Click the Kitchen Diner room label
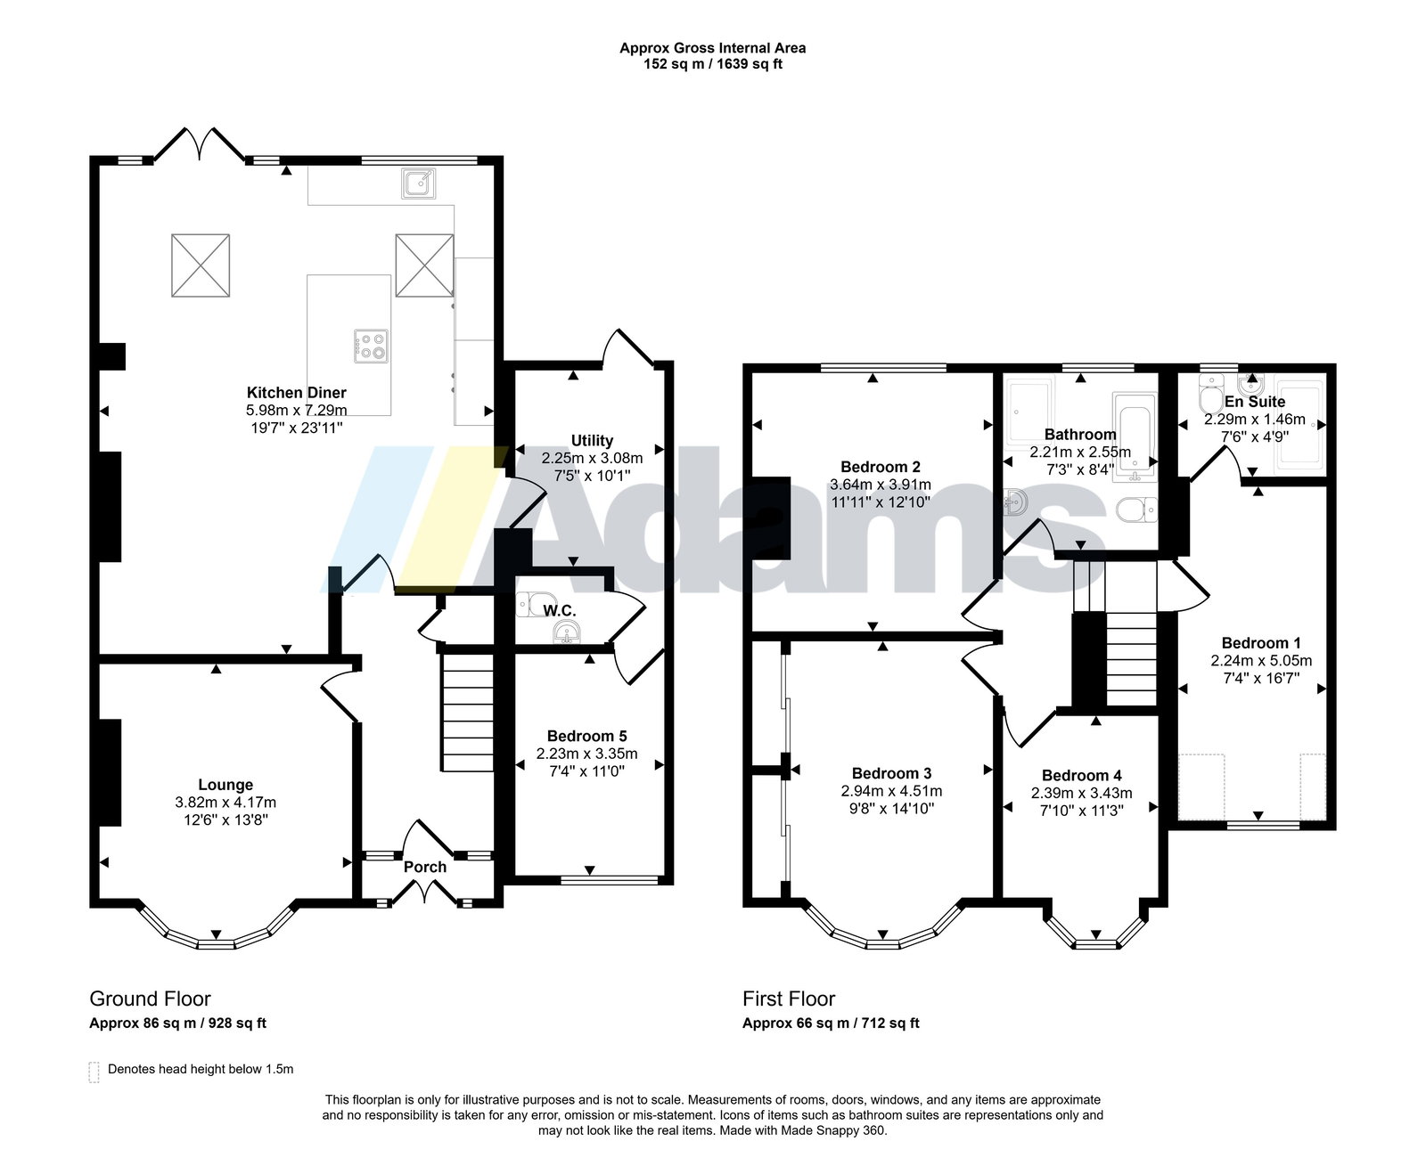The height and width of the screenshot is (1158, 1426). point(296,393)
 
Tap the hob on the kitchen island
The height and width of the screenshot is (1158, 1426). point(372,346)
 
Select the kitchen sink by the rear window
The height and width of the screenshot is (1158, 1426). point(419,183)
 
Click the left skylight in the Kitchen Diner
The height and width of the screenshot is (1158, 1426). point(201,265)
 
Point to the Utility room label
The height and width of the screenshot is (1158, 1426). point(592,440)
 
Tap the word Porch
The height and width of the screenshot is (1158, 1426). point(424,867)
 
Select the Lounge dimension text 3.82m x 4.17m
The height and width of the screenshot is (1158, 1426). point(225,802)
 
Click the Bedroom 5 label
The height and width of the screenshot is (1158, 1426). point(586,736)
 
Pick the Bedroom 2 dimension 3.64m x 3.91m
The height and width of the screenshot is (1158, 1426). point(881,485)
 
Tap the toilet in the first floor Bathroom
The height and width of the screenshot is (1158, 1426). point(1136,510)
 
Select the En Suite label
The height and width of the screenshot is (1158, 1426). point(1255,402)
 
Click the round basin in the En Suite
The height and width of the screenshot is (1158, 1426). point(1250,386)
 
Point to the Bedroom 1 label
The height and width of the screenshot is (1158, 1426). point(1260,643)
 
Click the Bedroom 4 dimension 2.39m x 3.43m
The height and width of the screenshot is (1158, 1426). point(1081,793)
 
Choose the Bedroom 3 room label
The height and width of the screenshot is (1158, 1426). point(891,773)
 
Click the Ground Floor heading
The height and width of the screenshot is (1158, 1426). point(150,999)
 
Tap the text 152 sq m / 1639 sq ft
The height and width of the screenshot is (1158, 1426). point(712,64)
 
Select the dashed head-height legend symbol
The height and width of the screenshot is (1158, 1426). point(94,1072)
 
